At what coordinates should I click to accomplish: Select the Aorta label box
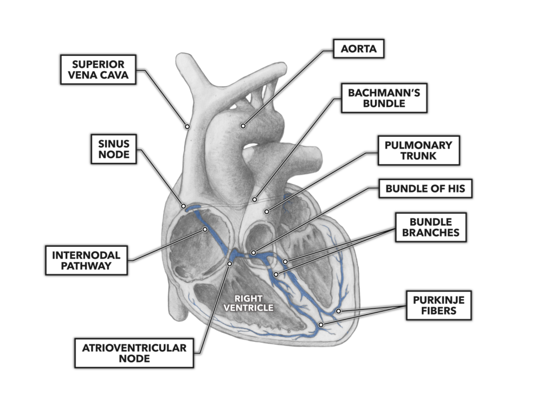point(358,49)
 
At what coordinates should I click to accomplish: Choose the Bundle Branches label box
point(430,227)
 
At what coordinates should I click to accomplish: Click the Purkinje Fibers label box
point(438,305)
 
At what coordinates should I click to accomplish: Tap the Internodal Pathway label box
point(86,260)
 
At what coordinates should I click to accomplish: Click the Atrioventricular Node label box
point(134,352)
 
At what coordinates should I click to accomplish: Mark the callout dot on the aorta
point(243,126)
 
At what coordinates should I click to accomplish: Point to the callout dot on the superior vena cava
point(186,126)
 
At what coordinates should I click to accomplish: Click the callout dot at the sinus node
point(184,207)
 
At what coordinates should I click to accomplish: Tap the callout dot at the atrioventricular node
point(230,264)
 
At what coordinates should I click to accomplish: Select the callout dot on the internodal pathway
point(205,229)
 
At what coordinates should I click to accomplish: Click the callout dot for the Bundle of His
point(253,253)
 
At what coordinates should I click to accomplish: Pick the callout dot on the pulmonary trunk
point(266,211)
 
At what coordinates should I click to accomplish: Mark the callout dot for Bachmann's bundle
point(255,200)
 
